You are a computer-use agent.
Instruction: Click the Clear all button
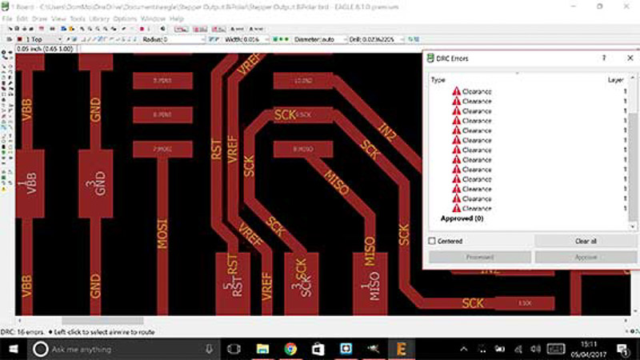pos(586,241)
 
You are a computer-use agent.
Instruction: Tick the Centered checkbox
pos(433,241)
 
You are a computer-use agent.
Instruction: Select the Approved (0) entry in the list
pos(462,218)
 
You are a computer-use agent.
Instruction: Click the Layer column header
pos(616,80)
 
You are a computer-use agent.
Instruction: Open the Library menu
pos(101,18)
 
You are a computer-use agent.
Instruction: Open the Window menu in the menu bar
pos(154,18)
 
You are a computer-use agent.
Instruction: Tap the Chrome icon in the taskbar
pos(290,350)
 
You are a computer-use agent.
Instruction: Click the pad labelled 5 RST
pos(233,283)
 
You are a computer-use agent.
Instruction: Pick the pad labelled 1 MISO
pos(367,283)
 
